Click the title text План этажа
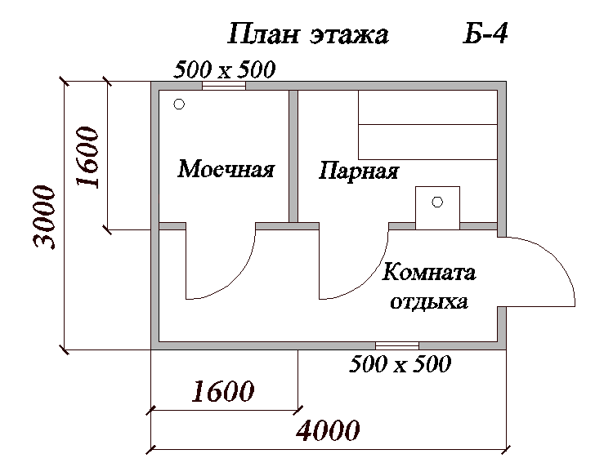[x=308, y=33]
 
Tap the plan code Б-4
[x=485, y=33]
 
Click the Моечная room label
[x=226, y=168]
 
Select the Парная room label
[x=359, y=171]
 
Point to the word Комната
[x=429, y=272]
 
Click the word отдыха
[x=429, y=302]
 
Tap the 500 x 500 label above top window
[x=225, y=69]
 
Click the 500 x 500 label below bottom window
[x=400, y=363]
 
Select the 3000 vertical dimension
[x=45, y=216]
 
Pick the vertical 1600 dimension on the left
[x=87, y=157]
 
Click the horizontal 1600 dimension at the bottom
[x=223, y=391]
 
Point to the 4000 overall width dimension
[x=329, y=430]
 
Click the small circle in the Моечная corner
[x=179, y=104]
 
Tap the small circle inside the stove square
[x=437, y=202]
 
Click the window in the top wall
[x=224, y=86]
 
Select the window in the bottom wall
[x=397, y=345]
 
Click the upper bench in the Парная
[x=427, y=107]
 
